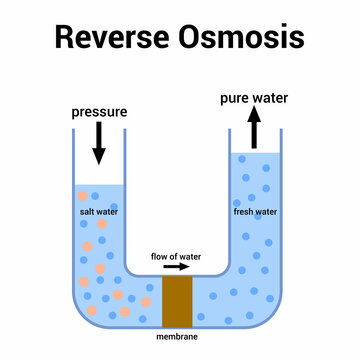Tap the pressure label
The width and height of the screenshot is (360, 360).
click(x=98, y=111)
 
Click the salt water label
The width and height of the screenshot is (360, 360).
click(x=99, y=213)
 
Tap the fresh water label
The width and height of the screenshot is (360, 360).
click(x=256, y=213)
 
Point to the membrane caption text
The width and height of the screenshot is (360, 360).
click(x=177, y=337)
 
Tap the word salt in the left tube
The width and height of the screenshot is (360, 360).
click(x=88, y=213)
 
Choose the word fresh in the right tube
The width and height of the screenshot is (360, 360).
click(x=244, y=213)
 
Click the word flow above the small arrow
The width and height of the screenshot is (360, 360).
click(x=160, y=255)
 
